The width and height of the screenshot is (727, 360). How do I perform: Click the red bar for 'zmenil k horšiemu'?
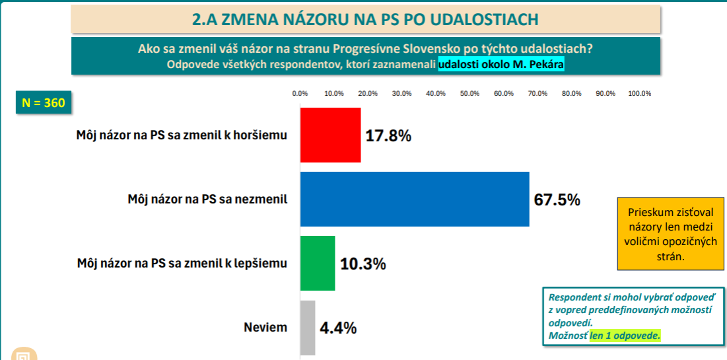coord(330,135)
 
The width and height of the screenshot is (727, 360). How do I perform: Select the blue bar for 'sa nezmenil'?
coord(414,199)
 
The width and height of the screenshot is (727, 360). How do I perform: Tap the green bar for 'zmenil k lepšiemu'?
coord(318,263)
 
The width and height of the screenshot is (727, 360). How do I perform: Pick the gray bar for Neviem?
coord(308,328)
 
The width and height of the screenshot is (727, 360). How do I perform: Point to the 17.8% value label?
coord(388,136)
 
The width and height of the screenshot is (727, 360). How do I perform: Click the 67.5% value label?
coord(557,199)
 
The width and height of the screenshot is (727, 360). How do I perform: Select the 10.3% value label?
coord(363,264)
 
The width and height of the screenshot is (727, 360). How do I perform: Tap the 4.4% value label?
coord(338,328)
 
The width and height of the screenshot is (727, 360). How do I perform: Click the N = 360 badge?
coord(44,104)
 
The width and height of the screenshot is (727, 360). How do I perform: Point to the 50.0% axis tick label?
coord(469,94)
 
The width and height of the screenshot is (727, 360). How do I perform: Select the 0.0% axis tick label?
coord(300,94)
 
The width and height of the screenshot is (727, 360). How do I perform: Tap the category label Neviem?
coord(265,328)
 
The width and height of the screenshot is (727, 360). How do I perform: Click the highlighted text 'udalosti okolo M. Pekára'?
coord(501,65)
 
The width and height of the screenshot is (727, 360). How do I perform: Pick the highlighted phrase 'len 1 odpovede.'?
coord(625,336)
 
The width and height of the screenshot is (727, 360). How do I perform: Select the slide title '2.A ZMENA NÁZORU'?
coord(364,18)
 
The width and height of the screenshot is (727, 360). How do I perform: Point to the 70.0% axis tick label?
coord(537,94)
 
